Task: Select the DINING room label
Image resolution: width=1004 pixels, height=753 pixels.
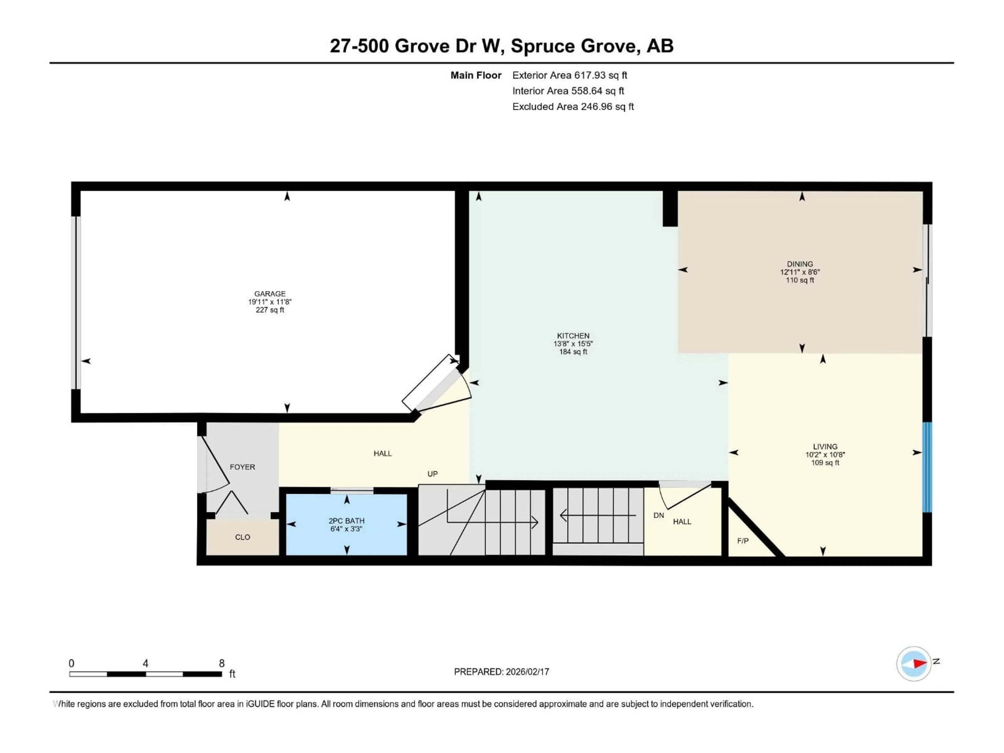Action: [800, 264]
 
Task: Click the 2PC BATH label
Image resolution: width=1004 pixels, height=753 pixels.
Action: [346, 521]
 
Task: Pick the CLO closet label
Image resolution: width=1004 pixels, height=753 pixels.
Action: [242, 537]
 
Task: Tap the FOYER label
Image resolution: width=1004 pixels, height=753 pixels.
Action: [242, 467]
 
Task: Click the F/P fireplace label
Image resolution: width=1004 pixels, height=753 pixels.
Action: [743, 541]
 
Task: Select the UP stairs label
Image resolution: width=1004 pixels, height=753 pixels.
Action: [432, 474]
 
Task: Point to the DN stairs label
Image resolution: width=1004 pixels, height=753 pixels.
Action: [659, 515]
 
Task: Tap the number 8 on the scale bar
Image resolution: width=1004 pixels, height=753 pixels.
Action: [221, 663]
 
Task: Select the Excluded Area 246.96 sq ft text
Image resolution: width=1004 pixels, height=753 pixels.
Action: [573, 107]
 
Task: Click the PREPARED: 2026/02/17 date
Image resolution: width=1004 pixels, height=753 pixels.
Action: [501, 672]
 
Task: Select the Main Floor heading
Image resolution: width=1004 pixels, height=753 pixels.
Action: [476, 75]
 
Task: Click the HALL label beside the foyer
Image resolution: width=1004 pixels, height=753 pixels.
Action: [382, 453]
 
